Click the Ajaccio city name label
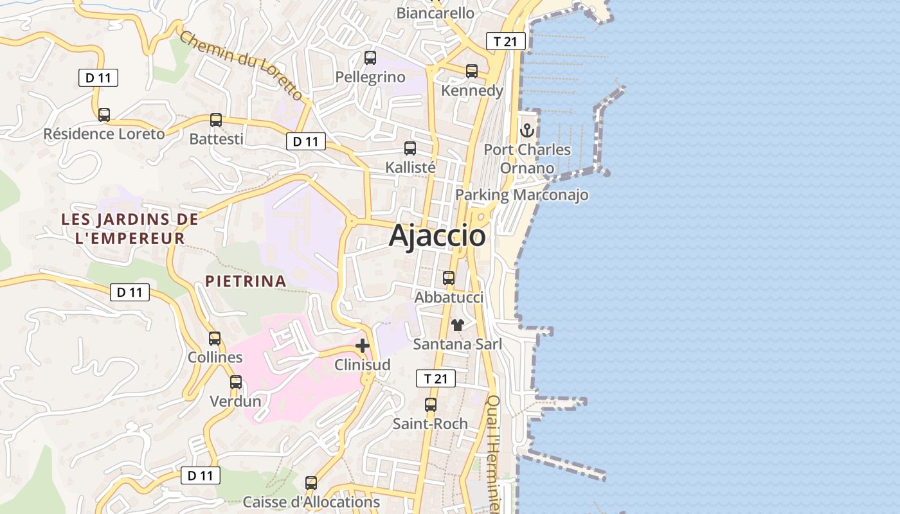tap(437, 236)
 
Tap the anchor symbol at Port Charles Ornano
tap(527, 130)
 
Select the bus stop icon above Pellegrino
tap(370, 58)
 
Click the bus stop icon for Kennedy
tap(472, 71)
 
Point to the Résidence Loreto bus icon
tap(104, 115)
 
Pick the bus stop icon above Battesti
tap(216, 120)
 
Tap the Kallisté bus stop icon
tap(410, 148)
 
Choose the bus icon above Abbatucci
tap(449, 278)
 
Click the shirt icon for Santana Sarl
tap(457, 325)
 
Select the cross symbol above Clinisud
tap(363, 346)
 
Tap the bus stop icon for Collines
tap(215, 338)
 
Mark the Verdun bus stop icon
tap(236, 382)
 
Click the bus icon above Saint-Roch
tap(431, 405)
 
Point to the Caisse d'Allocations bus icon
tap(311, 483)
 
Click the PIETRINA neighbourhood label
tap(246, 281)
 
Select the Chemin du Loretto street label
tap(240, 66)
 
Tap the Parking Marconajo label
tap(522, 195)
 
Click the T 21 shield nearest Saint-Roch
tap(436, 379)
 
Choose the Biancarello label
tap(435, 13)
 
